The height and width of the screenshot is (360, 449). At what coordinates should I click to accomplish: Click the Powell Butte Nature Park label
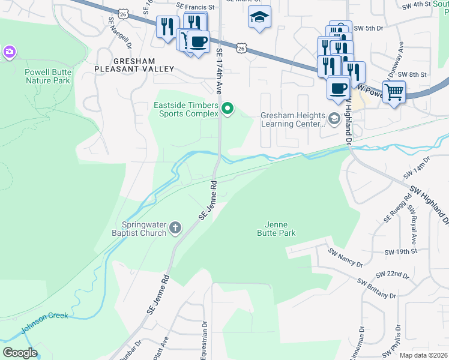(47, 76)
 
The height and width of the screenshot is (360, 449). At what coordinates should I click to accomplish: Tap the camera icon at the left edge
(9, 52)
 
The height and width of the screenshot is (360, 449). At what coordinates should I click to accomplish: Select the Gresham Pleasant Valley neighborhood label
(134, 65)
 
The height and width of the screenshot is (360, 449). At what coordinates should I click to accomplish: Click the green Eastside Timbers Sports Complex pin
(228, 109)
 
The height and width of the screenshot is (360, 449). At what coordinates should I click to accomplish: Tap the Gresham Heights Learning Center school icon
(334, 120)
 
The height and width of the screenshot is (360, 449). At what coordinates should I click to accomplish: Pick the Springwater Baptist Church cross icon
(175, 227)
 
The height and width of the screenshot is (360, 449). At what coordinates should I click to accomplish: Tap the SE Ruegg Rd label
(397, 208)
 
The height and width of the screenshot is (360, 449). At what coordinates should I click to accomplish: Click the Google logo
(20, 353)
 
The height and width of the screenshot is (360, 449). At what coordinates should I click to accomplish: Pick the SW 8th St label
(414, 74)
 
